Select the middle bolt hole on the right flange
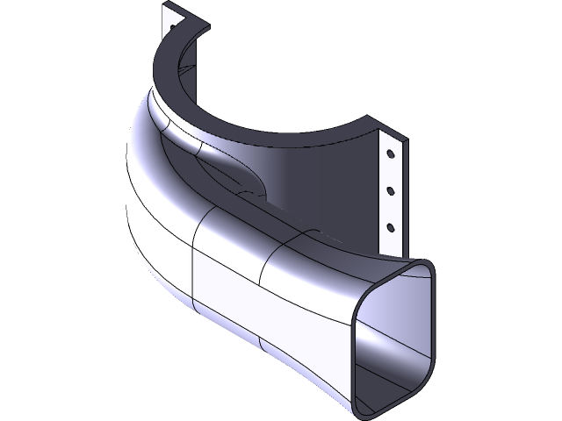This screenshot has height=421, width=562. click(x=388, y=189)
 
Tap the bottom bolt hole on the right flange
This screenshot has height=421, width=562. click(x=390, y=226)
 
